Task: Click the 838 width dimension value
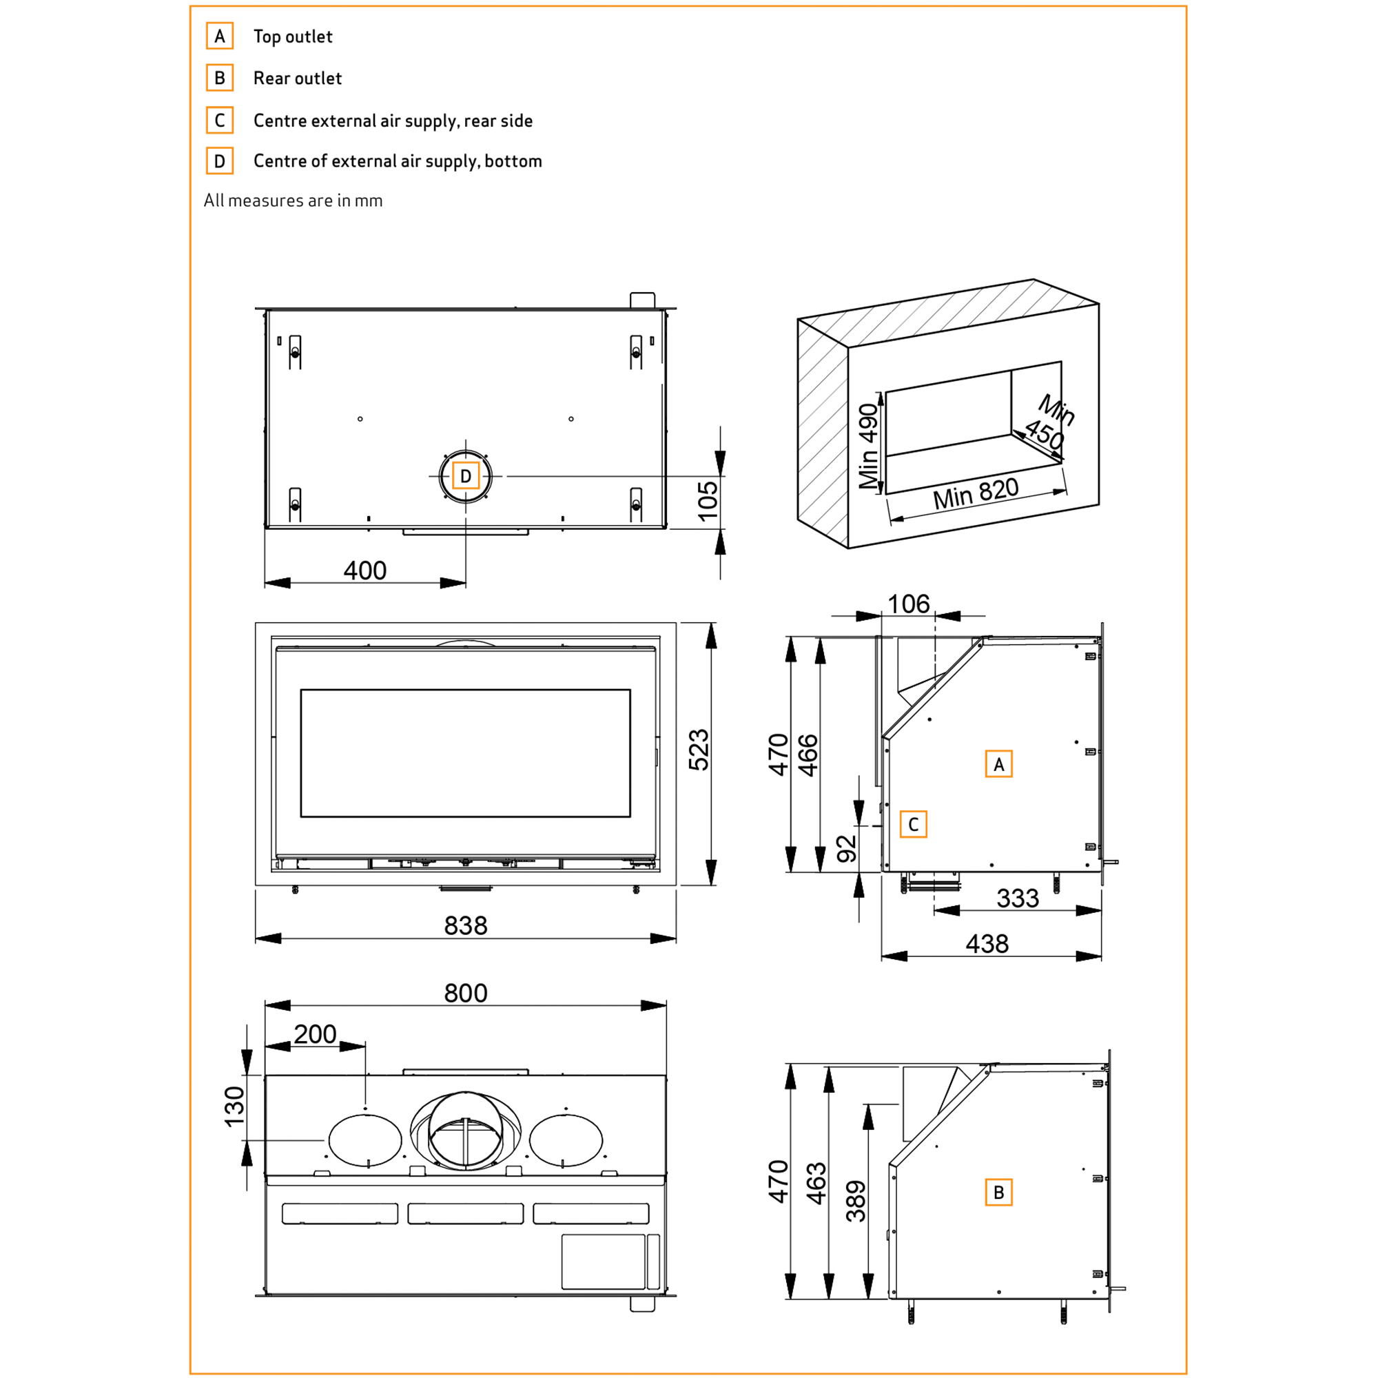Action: pos(465,926)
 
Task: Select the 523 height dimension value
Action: pos(699,750)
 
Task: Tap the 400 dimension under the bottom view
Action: pos(364,570)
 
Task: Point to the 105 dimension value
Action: pos(708,501)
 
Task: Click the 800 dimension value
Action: pos(465,993)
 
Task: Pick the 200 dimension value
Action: pos(315,1033)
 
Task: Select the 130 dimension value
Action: pos(234,1107)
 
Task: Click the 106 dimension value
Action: pos(908,604)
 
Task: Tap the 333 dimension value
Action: pos(1017,898)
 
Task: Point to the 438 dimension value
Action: pos(987,944)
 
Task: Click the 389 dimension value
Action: pos(856,1201)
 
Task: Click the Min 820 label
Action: pos(976,493)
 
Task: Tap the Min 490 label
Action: pos(868,446)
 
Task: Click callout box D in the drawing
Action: pos(465,475)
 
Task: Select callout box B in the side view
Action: pos(998,1192)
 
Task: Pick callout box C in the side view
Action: pos(913,825)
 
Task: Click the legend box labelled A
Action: pos(220,36)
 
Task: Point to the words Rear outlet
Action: pos(298,78)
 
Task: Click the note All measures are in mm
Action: pos(293,200)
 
